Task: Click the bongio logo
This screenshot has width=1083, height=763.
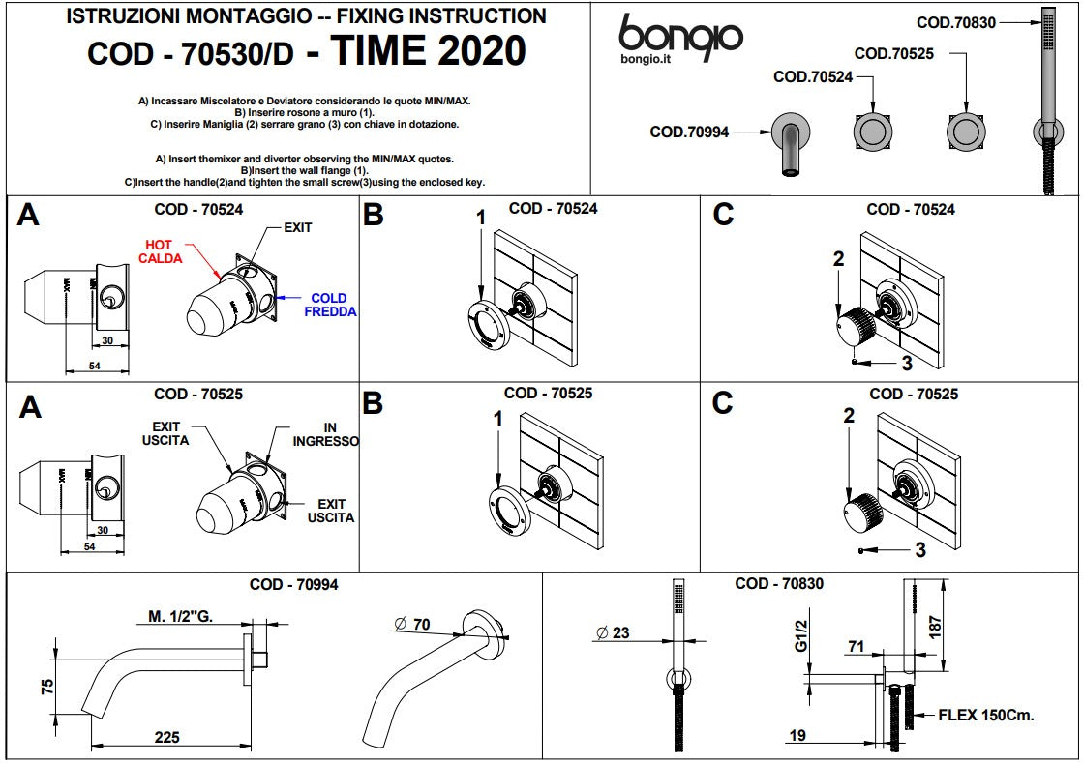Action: click(680, 38)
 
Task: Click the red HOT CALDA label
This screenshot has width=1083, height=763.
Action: click(159, 251)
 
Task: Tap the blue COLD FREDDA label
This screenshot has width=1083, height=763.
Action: click(329, 305)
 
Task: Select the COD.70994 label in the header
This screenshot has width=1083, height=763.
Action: click(689, 132)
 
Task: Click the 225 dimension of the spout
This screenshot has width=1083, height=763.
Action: click(167, 738)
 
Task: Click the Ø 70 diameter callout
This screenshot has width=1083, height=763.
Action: click(412, 625)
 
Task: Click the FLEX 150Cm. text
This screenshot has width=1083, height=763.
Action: click(985, 716)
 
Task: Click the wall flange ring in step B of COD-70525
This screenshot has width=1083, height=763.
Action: click(508, 513)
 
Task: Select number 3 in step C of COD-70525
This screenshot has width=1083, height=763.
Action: click(919, 550)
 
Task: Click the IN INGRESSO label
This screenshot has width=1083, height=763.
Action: click(326, 434)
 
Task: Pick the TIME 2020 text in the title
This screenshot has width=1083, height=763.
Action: click(429, 51)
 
